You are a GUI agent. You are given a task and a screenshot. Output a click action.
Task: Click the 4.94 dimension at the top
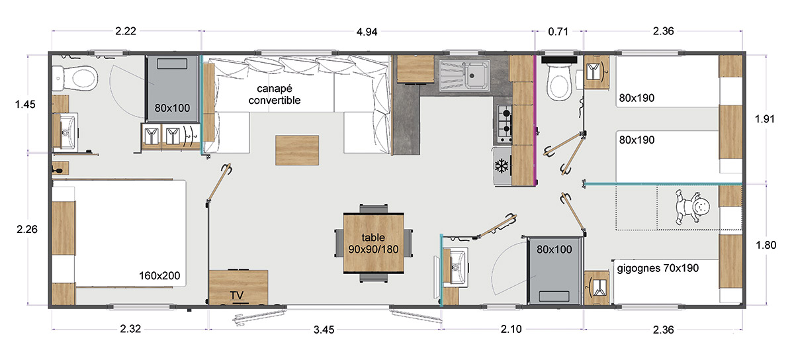[367, 32]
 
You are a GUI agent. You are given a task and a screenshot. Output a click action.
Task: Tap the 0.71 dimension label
[558, 32]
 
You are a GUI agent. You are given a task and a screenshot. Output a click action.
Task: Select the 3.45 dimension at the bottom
[324, 330]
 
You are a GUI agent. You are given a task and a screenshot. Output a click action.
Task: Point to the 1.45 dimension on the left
[25, 105]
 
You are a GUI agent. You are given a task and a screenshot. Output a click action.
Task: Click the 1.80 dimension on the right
[766, 245]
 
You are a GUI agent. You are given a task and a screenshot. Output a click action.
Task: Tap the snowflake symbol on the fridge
[502, 165]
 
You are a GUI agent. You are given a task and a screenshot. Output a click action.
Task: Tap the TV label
[236, 295]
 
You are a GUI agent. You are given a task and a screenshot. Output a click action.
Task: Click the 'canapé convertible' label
[275, 95]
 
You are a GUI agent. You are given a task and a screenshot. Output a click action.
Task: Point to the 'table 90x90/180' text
[373, 244]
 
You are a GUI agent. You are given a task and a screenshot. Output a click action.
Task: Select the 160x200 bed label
[159, 275]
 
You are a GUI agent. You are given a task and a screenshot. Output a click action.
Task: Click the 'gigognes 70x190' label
[658, 268]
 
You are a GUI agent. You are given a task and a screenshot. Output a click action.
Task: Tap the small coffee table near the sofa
[297, 150]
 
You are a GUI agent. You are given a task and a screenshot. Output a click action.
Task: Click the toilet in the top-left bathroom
[75, 79]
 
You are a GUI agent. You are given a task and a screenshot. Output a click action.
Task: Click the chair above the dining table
[374, 208]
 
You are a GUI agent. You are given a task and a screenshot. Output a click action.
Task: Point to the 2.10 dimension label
[511, 329]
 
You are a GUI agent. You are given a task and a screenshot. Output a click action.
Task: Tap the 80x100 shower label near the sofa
[172, 108]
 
